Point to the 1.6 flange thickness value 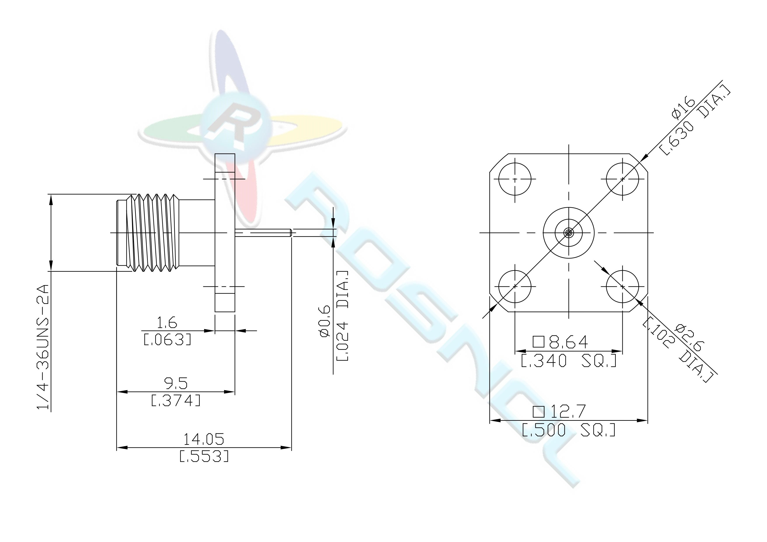[167, 323]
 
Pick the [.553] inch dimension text [204, 456]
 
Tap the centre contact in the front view [569, 233]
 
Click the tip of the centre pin [292, 233]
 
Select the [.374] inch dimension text [176, 400]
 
